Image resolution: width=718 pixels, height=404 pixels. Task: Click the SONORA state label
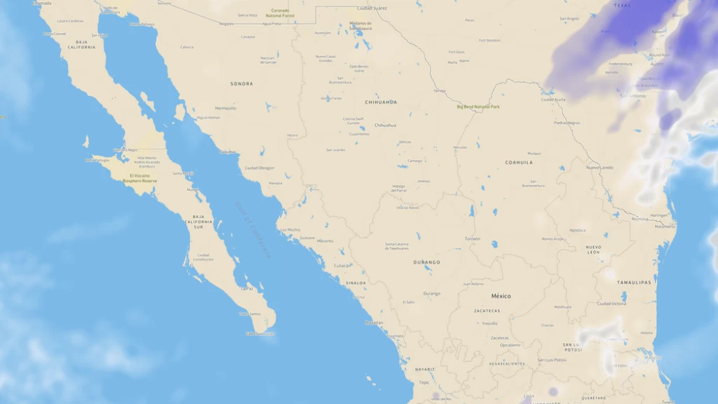coord(242,83)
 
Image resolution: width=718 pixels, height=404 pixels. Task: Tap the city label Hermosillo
coord(226,108)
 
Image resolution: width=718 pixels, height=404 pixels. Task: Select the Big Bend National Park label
coord(478,107)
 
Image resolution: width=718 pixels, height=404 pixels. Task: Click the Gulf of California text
coord(253,230)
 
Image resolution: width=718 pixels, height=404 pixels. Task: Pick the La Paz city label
coord(247,288)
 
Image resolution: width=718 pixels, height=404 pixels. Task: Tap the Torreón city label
coord(473,238)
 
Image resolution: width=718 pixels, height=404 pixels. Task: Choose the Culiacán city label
coord(342,265)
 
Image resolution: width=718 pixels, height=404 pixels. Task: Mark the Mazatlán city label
coord(374,323)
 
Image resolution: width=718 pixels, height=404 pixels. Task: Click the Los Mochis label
coord(290,229)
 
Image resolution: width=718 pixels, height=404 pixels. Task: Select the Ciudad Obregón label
coord(259,168)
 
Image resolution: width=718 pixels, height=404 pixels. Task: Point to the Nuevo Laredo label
coord(600,168)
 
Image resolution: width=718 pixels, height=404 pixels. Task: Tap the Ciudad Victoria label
coord(611,303)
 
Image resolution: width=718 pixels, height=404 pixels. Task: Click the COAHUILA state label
coord(519,162)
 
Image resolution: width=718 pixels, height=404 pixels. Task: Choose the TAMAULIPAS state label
coord(634,282)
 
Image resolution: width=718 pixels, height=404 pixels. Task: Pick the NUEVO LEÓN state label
coord(594,249)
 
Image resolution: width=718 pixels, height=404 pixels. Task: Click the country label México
coord(501,296)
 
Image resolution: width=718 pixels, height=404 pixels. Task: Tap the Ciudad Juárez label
coord(372,8)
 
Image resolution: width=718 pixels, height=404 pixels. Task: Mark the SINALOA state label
coord(355,283)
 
